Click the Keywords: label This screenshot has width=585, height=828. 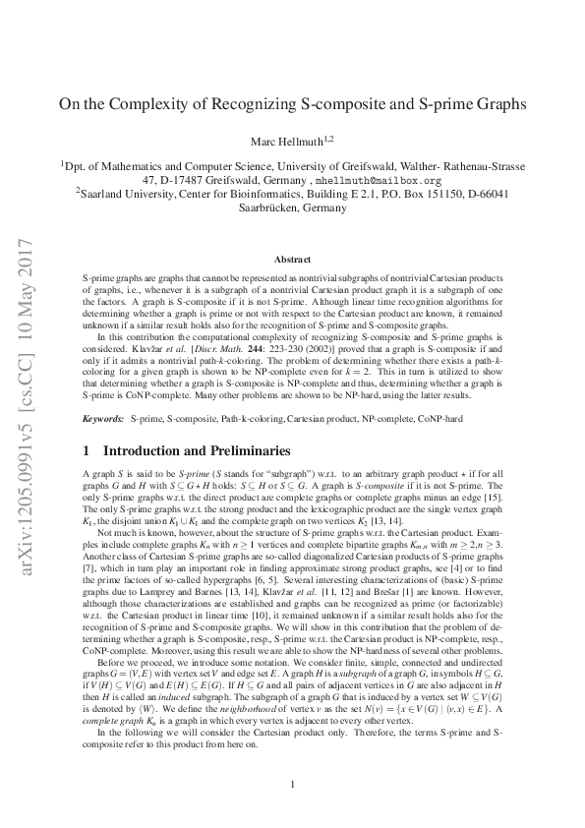(101, 419)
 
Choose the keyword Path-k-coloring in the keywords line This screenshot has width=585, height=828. (232, 419)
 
